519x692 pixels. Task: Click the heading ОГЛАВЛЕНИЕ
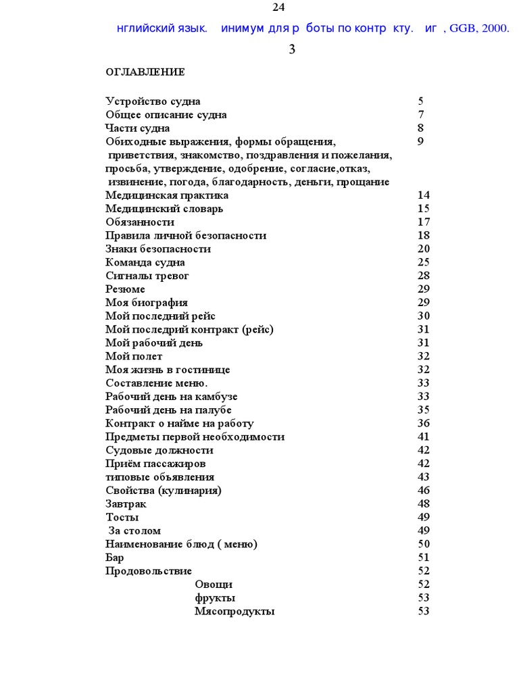coord(145,72)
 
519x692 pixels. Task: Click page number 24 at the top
coord(278,7)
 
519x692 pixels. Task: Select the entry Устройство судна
coord(153,101)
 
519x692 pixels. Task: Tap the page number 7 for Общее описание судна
coord(421,115)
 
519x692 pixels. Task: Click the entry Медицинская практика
coord(167,195)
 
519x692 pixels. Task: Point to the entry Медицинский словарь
coord(164,209)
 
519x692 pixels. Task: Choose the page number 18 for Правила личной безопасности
coord(424,236)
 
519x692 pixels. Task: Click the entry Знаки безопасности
coord(158,249)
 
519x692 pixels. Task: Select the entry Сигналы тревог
coord(147,276)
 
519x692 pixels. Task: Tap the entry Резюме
coord(125,289)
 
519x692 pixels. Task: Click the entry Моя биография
coord(147,303)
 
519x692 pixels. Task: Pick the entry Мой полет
coord(134,356)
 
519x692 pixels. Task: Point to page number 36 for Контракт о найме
coord(424,424)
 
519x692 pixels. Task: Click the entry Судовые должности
coord(159,450)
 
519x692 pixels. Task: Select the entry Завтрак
coord(126,504)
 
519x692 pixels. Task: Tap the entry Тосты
coord(122,518)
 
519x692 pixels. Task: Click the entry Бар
coord(115,558)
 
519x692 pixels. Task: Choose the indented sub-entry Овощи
coord(214,585)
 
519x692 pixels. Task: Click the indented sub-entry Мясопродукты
coord(234,612)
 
